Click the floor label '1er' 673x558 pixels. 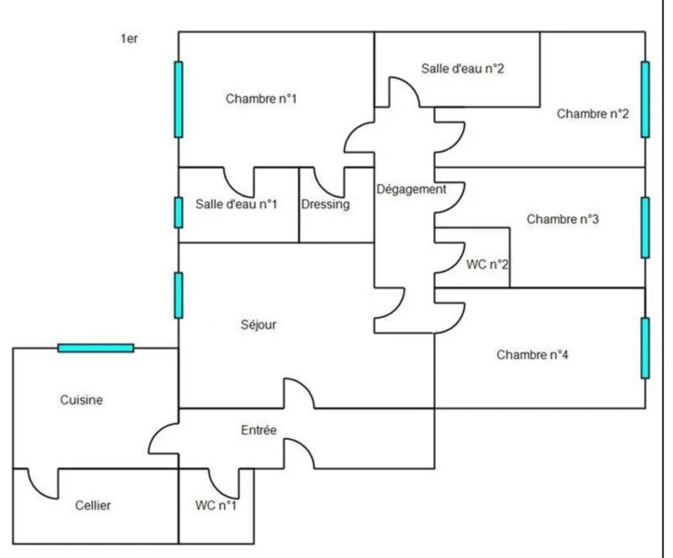pos(129,39)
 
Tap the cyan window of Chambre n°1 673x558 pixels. pos(178,100)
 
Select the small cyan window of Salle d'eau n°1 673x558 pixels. pos(178,212)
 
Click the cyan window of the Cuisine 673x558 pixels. pos(96,348)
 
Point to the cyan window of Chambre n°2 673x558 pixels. pos(645,100)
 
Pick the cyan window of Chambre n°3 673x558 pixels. pos(645,228)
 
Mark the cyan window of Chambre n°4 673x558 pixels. pos(645,348)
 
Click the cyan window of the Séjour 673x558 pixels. pos(178,296)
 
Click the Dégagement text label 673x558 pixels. pos(411,190)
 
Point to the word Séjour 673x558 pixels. pos(258,325)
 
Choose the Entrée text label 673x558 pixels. pos(258,430)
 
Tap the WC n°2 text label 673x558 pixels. pos(487,264)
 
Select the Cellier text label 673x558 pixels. pos(93,506)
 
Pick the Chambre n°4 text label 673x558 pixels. pos(533,355)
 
